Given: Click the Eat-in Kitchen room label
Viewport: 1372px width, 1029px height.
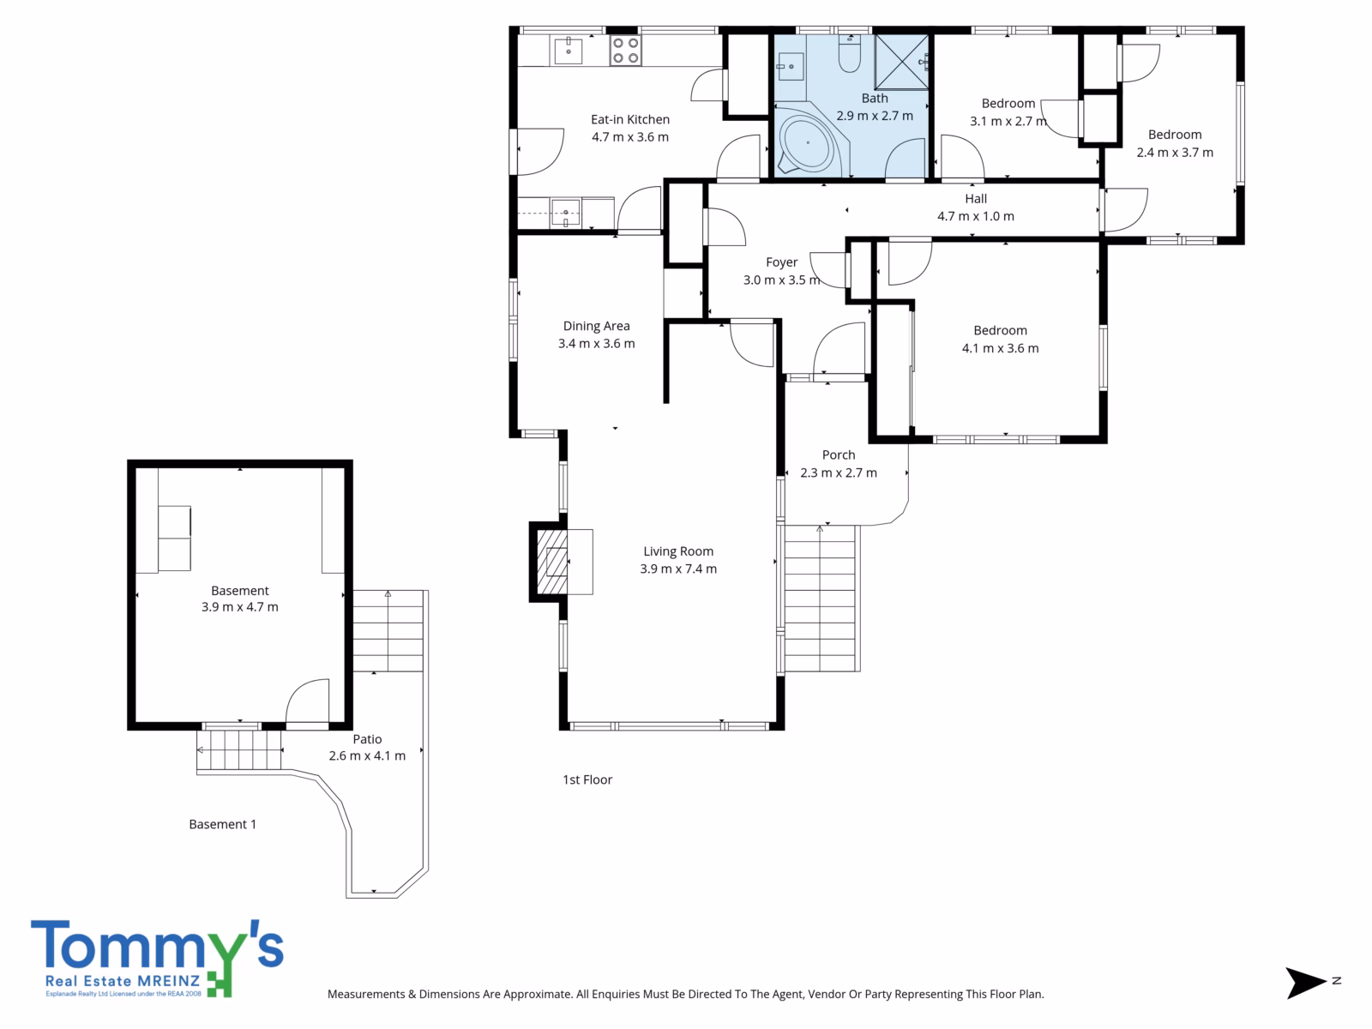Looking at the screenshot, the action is coord(630,119).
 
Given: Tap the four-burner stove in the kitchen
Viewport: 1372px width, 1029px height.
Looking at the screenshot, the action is coord(626,51).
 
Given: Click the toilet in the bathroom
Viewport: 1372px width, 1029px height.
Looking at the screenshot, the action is coord(849,54).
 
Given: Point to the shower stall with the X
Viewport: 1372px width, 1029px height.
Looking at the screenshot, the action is coord(900,63).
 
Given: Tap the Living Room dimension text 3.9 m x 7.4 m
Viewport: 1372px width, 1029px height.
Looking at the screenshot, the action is coord(678,569).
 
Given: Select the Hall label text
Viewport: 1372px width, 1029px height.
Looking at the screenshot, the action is coord(976,199).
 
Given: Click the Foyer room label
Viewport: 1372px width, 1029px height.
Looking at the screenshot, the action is coord(782,262).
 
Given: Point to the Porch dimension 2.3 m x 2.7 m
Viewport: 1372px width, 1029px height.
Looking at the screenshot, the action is coord(839,473).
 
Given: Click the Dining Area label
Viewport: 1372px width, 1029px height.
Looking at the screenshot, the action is coord(596,326).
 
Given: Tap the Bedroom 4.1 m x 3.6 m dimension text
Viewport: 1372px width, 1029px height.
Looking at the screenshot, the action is coord(1000,348).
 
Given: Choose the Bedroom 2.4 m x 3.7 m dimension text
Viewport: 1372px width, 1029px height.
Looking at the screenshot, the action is coord(1175,153).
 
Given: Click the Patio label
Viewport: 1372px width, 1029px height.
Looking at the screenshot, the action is coord(367,739).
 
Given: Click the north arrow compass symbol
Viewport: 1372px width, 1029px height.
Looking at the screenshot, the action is coord(1305,983).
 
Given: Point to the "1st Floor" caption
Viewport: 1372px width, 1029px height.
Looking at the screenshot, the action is coord(587,779).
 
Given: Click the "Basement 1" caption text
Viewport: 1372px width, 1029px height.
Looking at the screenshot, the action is coord(222,824).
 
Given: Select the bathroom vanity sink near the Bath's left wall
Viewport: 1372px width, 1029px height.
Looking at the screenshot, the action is coord(790,66).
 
